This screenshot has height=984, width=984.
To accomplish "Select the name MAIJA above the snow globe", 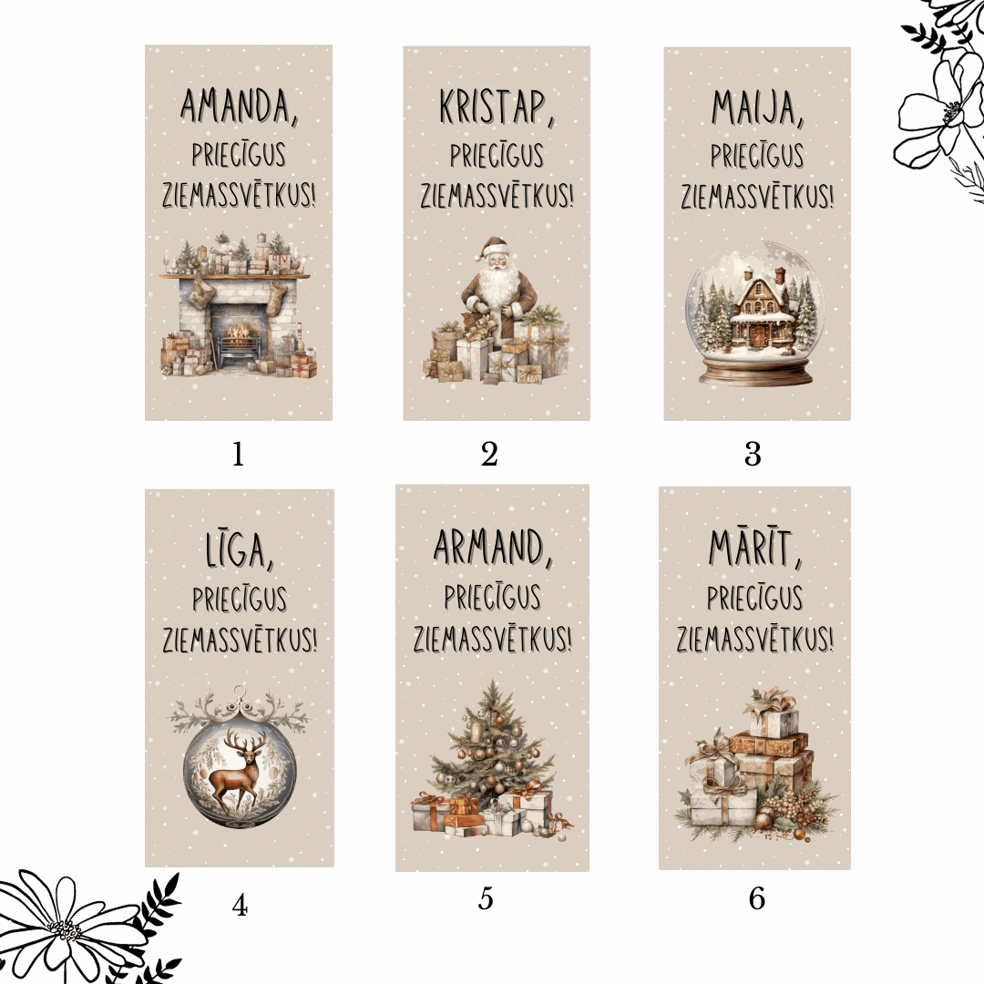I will (756, 108).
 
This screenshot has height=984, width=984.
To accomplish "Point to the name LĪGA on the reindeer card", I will (240, 549).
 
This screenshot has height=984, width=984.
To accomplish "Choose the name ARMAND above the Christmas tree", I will (492, 547).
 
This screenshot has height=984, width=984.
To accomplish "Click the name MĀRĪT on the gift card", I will (754, 549).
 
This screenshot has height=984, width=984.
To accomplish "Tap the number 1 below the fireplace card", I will (238, 454).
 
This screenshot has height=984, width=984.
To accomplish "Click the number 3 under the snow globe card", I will (752, 454).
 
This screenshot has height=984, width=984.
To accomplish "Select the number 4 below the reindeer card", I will (240, 905).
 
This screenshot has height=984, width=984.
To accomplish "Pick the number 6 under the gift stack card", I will (756, 899).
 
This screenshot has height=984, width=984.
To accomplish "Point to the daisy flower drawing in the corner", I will (64, 929).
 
